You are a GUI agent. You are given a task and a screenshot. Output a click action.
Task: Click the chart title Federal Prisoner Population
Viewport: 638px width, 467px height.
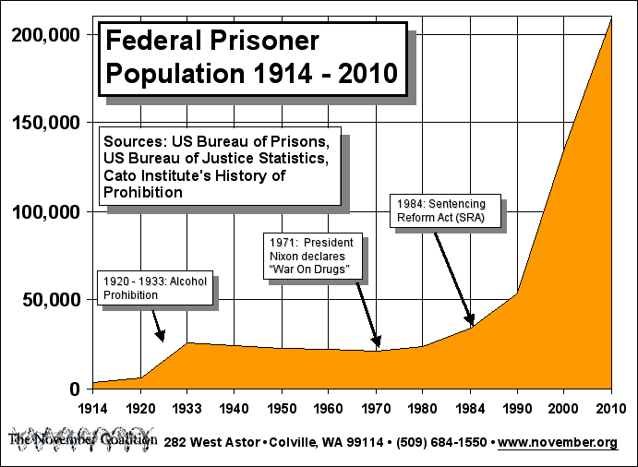coord(250,57)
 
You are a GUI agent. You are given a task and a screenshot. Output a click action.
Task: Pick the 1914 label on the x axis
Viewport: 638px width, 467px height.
coord(92,408)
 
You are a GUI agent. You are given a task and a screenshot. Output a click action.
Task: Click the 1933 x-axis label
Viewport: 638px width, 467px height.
coord(187,408)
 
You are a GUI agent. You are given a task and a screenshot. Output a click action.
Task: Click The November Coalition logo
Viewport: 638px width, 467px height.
coord(81,439)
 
